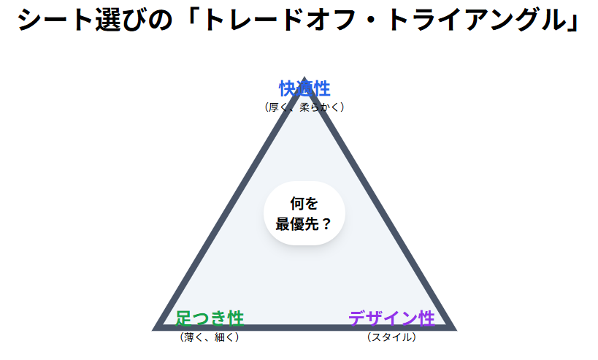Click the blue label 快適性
[x=304, y=89]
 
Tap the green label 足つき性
[x=210, y=318]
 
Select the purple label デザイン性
[x=391, y=318]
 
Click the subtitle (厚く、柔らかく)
[x=304, y=107]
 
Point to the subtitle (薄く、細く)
[x=210, y=337]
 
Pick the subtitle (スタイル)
[x=391, y=337]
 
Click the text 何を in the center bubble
[x=304, y=204]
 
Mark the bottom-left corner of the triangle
[x=156, y=327]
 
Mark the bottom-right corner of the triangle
[x=453, y=327]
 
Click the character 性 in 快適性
[x=321, y=89]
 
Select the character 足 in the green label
[x=184, y=318]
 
